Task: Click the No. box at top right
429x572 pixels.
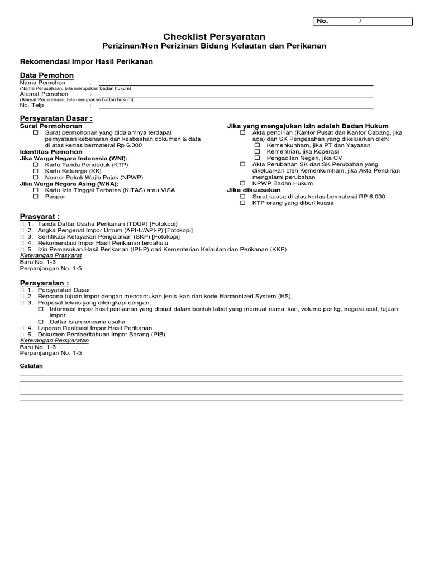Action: point(363,21)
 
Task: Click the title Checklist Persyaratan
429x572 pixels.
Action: point(214,36)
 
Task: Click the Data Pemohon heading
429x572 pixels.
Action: point(47,75)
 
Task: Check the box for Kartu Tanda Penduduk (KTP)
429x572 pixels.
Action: point(36,165)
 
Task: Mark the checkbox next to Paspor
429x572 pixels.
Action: point(36,197)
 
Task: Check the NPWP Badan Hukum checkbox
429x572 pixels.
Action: point(242,183)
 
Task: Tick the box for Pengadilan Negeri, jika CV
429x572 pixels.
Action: point(257,158)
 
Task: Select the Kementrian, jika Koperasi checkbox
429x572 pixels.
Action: point(257,151)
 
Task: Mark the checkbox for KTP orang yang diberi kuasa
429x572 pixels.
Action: point(242,203)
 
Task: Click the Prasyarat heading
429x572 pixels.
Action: point(40,216)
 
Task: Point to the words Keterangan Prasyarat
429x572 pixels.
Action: point(51,255)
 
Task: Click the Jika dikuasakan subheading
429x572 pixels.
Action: point(254,190)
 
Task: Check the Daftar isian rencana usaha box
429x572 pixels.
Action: point(41,322)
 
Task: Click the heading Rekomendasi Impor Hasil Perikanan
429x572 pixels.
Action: point(87,61)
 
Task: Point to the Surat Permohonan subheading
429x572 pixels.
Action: point(51,126)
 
